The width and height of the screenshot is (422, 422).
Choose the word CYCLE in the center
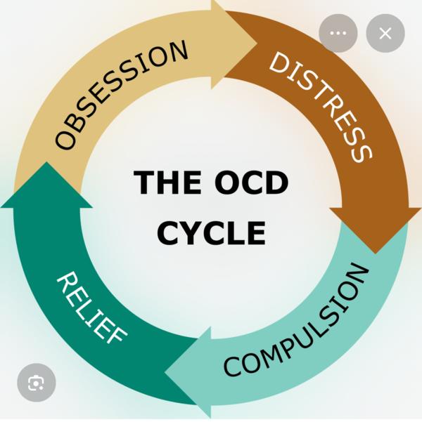coord(211,232)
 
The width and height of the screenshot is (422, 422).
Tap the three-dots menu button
coord(338,33)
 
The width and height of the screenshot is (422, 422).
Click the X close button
coord(385,33)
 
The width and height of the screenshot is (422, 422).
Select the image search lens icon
coord(36,382)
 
